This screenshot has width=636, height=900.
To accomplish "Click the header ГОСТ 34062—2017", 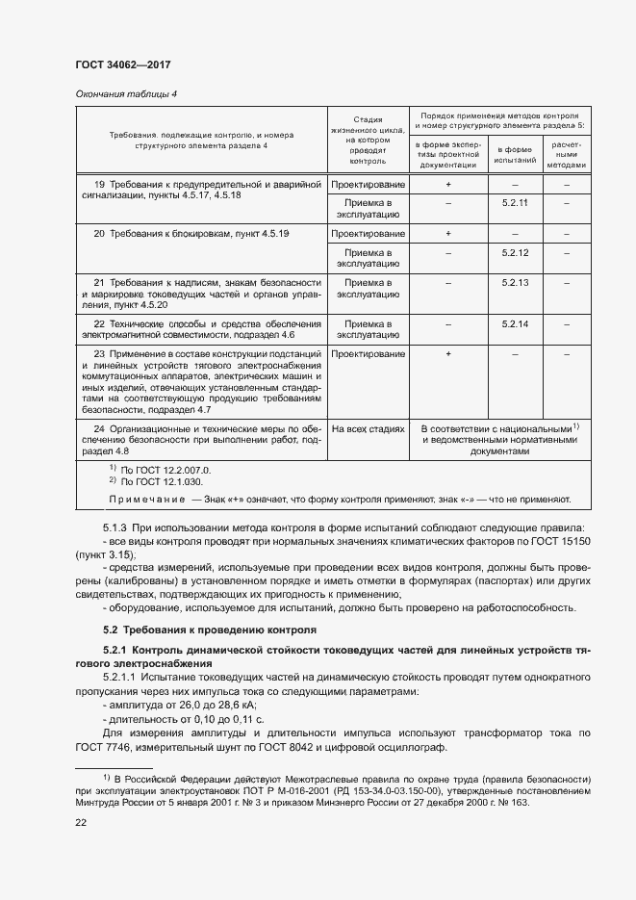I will [115, 64].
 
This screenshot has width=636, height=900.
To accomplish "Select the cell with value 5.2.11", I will [516, 203].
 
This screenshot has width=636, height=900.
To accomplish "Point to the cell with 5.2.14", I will [516, 324].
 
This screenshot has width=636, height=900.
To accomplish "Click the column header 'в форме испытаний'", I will [516, 155].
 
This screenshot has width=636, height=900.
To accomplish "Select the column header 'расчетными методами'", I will [568, 155].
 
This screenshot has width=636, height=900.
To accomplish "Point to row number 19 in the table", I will [99, 184].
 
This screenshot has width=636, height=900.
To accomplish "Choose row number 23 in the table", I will [99, 354].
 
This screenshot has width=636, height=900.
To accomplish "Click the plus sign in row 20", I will [448, 234].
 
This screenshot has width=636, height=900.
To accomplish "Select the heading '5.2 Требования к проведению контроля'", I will [209, 630].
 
